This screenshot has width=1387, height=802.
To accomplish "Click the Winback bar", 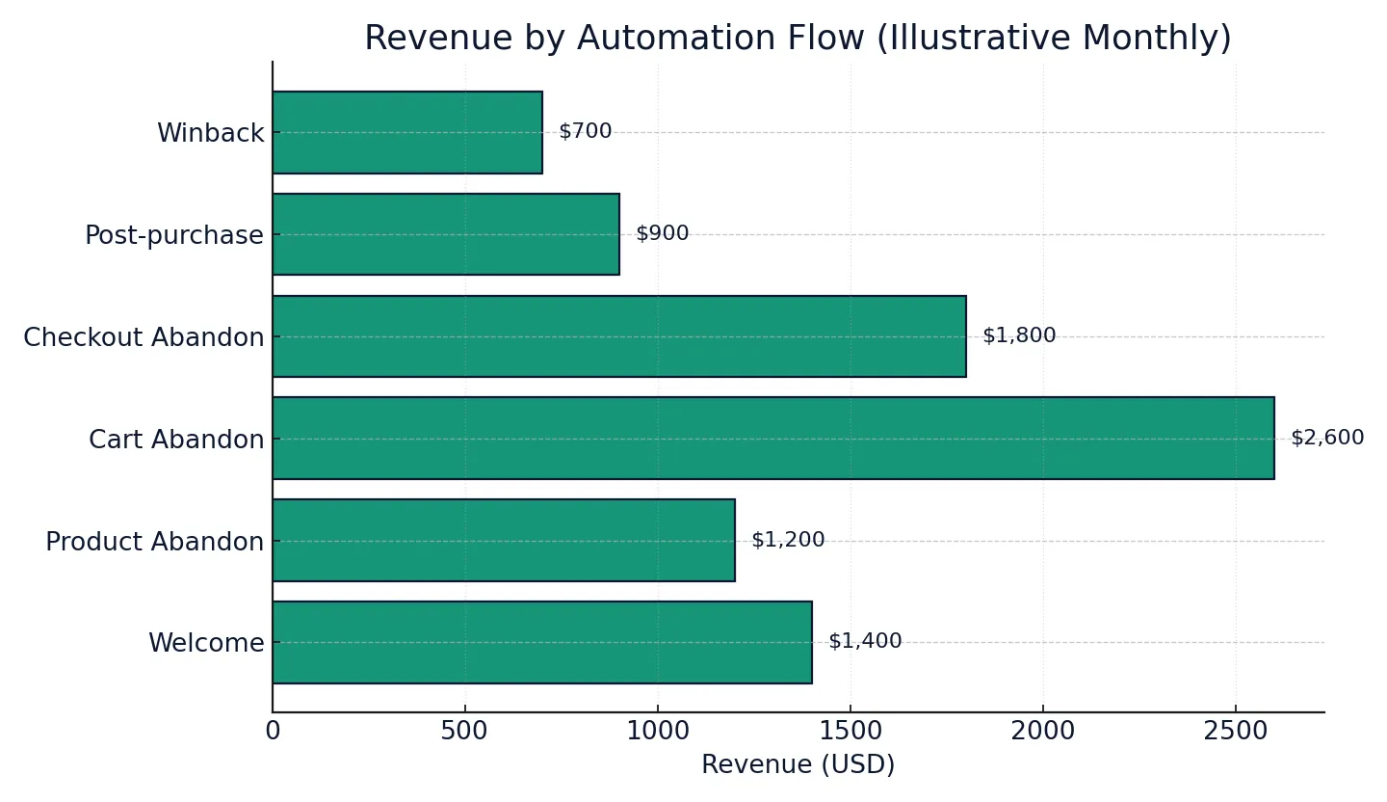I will [407, 133].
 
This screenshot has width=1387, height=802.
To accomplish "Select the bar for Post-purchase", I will [446, 234].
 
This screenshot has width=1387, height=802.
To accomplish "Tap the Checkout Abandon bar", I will [619, 336].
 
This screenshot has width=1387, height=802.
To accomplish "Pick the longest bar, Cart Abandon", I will [773, 439].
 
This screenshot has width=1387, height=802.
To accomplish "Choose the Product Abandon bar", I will [504, 541].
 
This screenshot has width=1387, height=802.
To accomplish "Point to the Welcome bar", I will [542, 643].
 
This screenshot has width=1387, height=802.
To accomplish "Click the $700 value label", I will [586, 132].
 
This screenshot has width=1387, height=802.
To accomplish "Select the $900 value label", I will [663, 234].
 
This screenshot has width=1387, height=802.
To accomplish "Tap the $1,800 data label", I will [1019, 336].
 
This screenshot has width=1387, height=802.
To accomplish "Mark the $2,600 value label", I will [1327, 439].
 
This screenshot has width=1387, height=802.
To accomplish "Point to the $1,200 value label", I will [788, 541].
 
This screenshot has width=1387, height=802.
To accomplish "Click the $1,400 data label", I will [865, 642].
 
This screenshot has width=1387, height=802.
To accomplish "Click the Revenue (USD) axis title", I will [798, 765].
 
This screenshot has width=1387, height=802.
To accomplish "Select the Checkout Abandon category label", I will [144, 338].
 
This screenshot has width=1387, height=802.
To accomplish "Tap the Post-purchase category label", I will [174, 236].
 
